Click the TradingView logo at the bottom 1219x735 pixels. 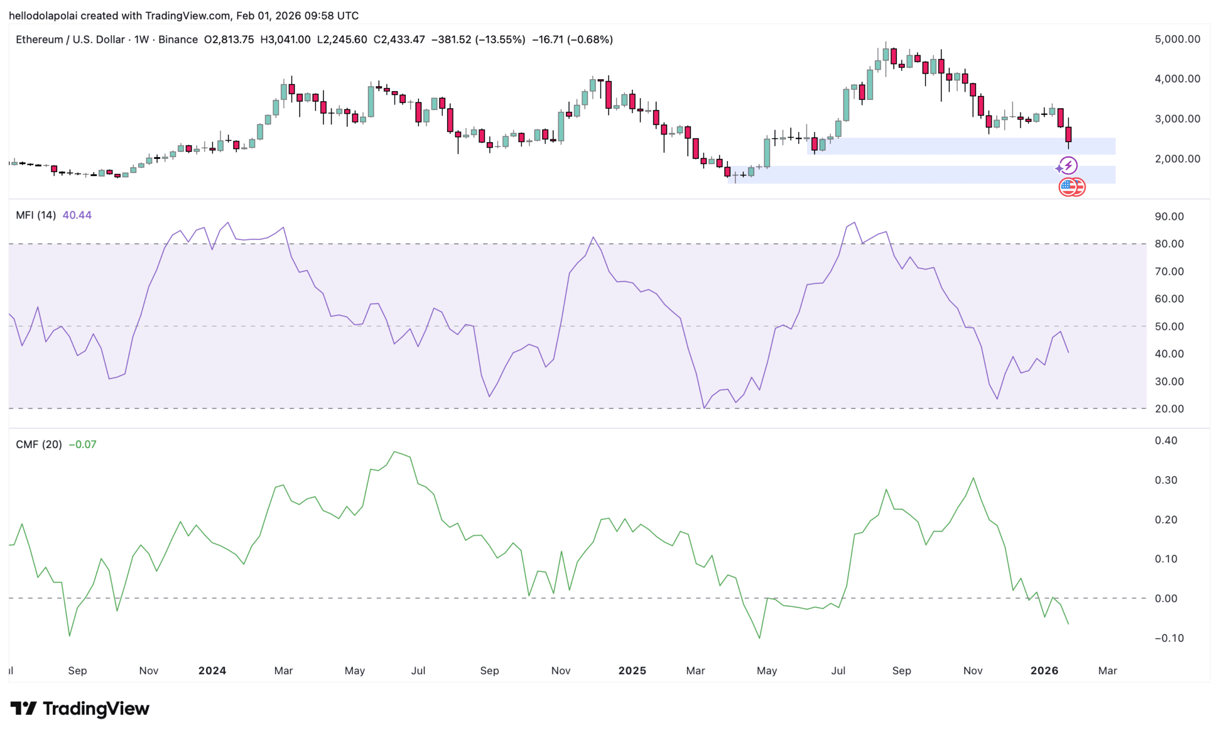[80, 709]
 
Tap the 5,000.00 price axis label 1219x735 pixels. [1177, 39]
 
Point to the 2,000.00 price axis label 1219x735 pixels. [1177, 159]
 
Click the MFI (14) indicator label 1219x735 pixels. [36, 215]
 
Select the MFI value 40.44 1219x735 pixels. [77, 215]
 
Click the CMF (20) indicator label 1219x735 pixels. [39, 445]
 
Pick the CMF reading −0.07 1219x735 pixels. [82, 445]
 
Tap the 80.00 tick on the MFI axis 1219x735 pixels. [1169, 244]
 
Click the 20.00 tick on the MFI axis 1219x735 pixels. [1169, 409]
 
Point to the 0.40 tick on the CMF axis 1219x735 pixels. [1166, 441]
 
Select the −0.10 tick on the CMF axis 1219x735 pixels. [1169, 639]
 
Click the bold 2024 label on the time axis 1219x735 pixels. [212, 671]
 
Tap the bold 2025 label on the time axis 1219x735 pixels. [632, 671]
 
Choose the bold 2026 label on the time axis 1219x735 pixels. [1044, 671]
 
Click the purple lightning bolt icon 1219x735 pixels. [1068, 165]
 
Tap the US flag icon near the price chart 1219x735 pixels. [1069, 187]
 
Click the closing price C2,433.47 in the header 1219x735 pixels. [399, 40]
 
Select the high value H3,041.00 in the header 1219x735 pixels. [286, 40]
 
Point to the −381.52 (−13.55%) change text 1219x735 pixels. [478, 40]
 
